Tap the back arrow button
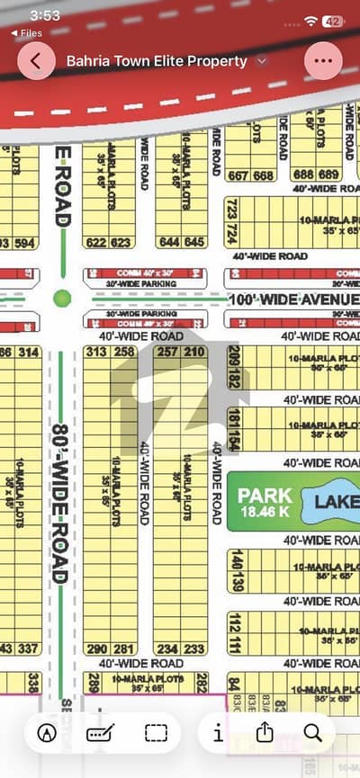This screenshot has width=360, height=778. tap(37, 61)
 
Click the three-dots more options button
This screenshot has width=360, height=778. tap(323, 61)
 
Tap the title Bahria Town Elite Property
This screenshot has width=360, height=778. tap(157, 61)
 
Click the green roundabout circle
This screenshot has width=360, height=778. tap(62, 297)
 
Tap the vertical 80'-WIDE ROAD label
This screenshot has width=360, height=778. tap(58, 504)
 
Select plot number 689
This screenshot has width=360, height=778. tap(330, 174)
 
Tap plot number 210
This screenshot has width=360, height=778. tap(194, 352)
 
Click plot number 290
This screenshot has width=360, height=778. tap(97, 648)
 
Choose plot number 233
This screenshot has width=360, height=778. tap(194, 648)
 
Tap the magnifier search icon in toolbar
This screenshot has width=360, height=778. tap(313, 732)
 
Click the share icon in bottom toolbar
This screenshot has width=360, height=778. tap(265, 732)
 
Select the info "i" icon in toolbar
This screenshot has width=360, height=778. tap(218, 733)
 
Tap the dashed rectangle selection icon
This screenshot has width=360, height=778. tap(157, 733)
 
